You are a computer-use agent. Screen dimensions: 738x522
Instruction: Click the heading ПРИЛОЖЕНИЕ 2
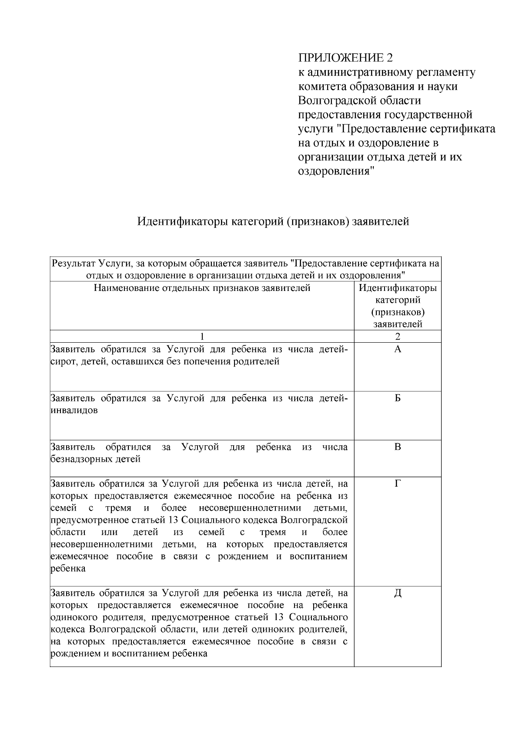point(345,58)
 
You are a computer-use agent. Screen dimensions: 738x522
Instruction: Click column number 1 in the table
point(202,336)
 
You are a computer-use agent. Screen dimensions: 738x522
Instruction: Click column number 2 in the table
point(397,336)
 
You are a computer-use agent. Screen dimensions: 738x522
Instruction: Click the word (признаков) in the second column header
point(398,312)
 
